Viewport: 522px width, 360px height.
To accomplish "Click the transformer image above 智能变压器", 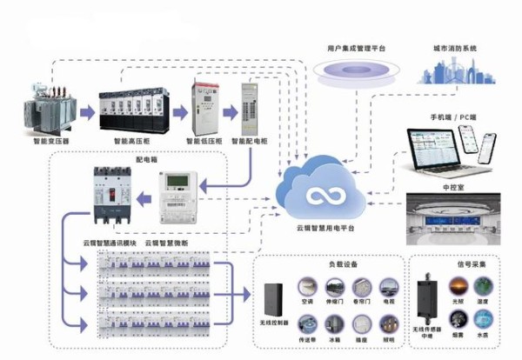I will point(47,110).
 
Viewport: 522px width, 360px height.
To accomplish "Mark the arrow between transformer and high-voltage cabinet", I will point(85,112).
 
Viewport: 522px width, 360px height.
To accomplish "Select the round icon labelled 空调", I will point(308,286).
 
